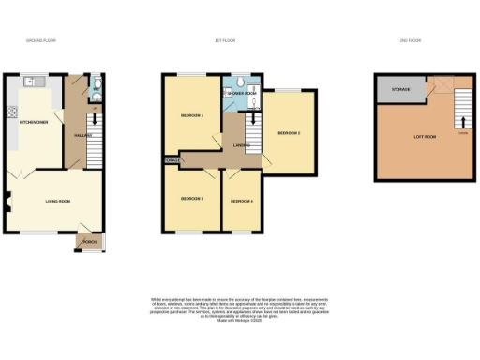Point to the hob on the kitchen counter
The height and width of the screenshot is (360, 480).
[13, 115]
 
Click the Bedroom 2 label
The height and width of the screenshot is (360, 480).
[289, 133]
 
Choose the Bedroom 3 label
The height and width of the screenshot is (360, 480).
[191, 199]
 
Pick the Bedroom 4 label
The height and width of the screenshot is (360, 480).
[241, 201]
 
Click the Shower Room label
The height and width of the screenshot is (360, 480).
[240, 94]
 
